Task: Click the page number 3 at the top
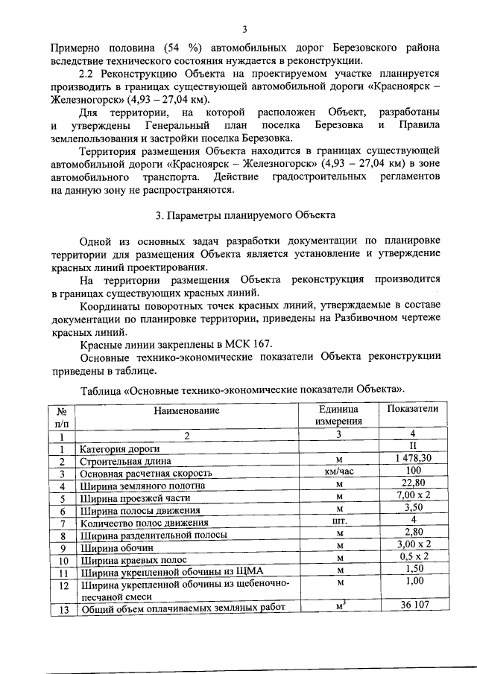click(x=244, y=30)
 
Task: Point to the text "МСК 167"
click(x=242, y=343)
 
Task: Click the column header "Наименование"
click(x=187, y=410)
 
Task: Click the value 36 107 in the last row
click(x=412, y=605)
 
